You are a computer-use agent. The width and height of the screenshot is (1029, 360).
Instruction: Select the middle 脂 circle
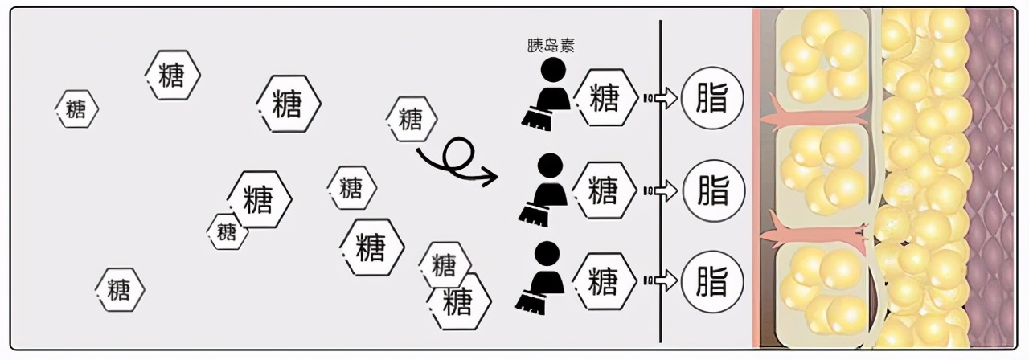(712, 190)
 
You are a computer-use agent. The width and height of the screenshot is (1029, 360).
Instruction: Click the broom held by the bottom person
(530, 301)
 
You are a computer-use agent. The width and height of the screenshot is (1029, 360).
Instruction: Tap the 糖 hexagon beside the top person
(604, 98)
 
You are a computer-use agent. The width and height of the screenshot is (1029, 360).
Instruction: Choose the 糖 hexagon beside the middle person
(604, 190)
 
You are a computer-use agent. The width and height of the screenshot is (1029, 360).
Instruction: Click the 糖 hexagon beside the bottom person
(604, 281)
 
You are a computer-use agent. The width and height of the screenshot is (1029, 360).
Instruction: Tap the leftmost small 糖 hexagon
(76, 109)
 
